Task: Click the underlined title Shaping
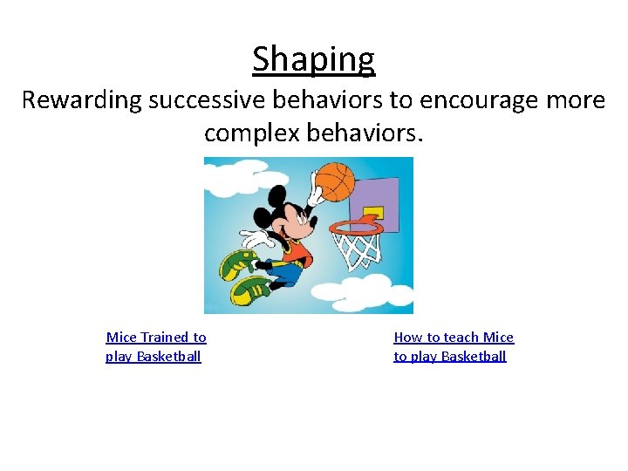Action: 313,59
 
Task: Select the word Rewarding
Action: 81,100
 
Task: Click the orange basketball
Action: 334,182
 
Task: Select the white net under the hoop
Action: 358,249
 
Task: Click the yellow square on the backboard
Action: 373,212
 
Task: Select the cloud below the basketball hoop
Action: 366,292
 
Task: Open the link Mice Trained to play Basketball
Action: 155,346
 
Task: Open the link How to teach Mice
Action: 454,337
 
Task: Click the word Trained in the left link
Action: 165,337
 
